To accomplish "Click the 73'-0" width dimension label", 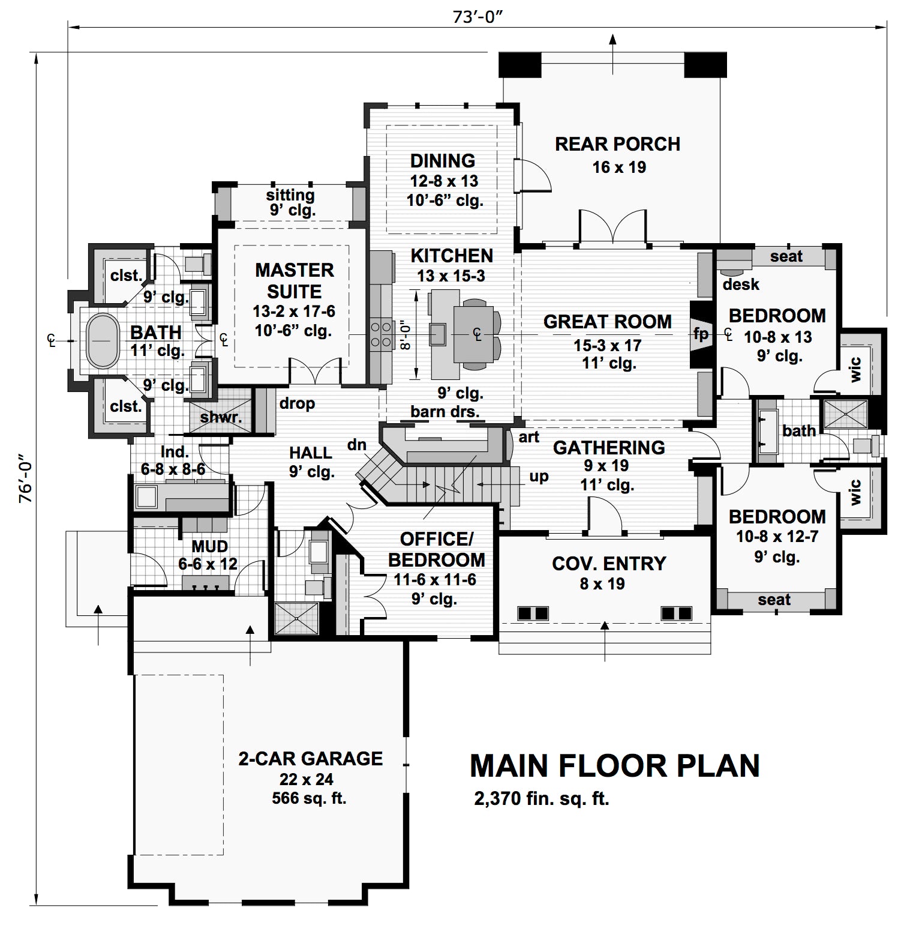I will coord(477,17).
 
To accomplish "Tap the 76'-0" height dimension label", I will coord(26,481).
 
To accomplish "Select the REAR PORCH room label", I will coord(617,145).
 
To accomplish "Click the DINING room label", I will coord(443,161).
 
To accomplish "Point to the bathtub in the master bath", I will coord(102,340).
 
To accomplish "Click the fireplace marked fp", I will coord(700,334).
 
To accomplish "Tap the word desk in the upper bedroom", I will coord(741,284).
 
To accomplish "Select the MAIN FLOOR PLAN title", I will coord(614,766).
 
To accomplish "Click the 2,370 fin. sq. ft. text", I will coord(541,799).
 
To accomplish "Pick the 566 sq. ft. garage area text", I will coord(309,798).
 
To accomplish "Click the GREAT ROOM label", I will coord(607,322).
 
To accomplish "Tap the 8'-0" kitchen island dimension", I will coord(407,334).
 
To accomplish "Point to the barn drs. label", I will coord(445,412).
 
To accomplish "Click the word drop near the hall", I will coord(297,403).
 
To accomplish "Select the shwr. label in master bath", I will coord(221,417).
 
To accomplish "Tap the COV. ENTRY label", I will coord(609,564).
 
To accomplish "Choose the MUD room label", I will coord(209,546).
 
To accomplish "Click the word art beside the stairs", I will coord(528,437).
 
